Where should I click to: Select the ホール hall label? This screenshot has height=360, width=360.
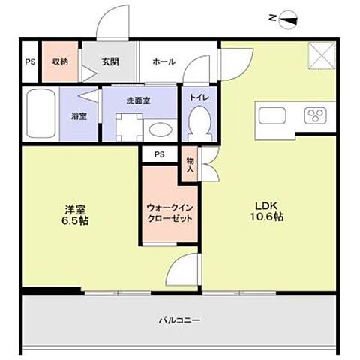(163, 62)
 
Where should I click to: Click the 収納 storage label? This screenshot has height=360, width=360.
(60, 62)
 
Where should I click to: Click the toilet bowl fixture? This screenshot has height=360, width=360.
(199, 121)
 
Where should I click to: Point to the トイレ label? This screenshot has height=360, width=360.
(199, 96)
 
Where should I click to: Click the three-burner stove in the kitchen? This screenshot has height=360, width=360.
(315, 115)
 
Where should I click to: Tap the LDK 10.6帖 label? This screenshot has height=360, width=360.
(266, 211)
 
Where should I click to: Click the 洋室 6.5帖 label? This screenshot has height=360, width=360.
(75, 216)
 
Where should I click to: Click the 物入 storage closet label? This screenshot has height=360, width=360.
(190, 165)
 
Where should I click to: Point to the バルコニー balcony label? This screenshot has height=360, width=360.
(178, 319)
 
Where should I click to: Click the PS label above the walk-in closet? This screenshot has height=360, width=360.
(159, 154)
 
